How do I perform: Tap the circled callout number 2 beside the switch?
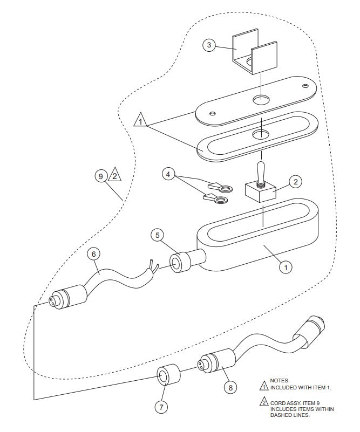(x=295, y=182)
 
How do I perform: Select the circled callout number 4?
(x=169, y=174)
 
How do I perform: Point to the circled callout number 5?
(x=157, y=235)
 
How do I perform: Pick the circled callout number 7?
(x=160, y=407)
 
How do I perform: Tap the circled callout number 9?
(x=100, y=176)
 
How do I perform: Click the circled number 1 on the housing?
(x=286, y=265)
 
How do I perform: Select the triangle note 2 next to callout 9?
(x=115, y=175)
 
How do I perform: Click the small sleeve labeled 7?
(x=167, y=375)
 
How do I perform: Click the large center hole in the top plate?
(x=261, y=100)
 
